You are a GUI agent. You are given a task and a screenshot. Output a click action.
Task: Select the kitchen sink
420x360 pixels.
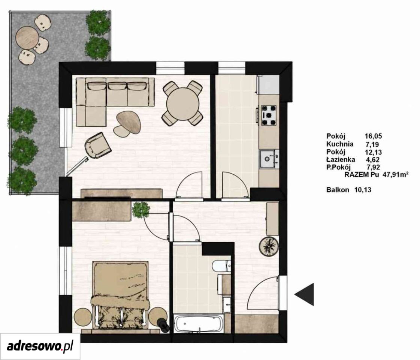click(x=269, y=159)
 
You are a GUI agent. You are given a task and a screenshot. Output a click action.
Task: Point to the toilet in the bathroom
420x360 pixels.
click(x=222, y=266)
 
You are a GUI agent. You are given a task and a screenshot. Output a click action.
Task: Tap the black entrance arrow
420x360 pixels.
click(x=304, y=294)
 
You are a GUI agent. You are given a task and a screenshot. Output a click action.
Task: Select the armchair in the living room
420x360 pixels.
click(x=97, y=145)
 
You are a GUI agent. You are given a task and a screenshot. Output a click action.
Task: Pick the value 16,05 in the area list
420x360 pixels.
click(x=373, y=136)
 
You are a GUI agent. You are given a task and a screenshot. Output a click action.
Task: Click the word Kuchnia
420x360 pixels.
click(x=340, y=144)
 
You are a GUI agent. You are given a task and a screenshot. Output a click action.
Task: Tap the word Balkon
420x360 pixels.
click(x=338, y=190)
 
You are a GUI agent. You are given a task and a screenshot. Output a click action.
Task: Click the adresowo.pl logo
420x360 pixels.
click(x=40, y=346)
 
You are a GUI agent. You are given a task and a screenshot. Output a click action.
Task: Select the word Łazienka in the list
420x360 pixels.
click(x=341, y=159)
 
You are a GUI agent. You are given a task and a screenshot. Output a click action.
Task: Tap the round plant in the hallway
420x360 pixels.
click(x=269, y=246)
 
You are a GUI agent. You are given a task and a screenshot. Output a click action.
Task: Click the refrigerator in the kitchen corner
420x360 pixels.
click(x=268, y=85)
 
